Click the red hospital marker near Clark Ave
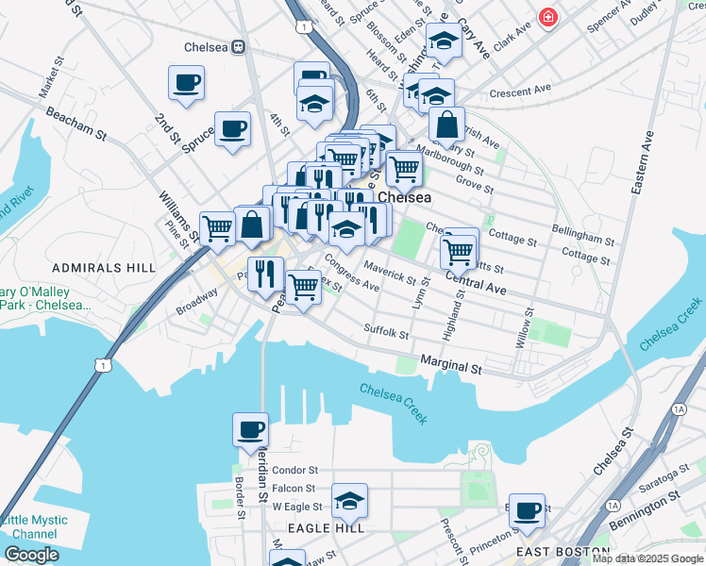546,17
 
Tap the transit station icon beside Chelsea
240,46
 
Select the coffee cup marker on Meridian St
250,430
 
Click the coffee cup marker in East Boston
527,510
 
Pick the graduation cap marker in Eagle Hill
349,501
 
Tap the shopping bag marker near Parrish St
446,125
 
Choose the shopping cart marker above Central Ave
458,250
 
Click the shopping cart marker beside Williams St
218,227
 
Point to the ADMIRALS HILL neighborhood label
104,268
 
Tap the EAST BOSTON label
563,551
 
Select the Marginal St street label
451,362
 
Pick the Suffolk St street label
386,332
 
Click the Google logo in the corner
31,554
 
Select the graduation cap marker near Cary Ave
443,40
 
